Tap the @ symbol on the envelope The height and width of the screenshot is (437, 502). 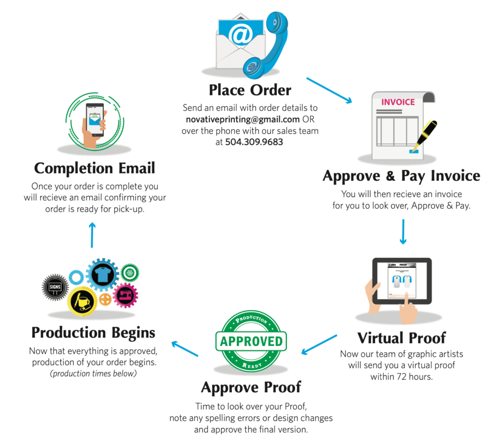(x=241, y=36)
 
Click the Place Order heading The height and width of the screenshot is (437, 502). (x=250, y=90)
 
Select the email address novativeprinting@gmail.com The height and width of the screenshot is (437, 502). (x=243, y=119)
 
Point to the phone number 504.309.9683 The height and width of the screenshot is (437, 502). (x=254, y=142)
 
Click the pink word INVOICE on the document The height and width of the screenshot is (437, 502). (x=398, y=102)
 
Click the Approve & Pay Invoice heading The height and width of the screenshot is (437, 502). (x=402, y=176)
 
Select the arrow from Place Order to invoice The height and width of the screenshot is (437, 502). (x=329, y=90)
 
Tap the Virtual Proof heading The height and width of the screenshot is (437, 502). (x=402, y=338)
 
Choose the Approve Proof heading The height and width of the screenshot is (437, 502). (x=251, y=388)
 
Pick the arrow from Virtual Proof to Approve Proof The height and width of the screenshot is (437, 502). (x=319, y=344)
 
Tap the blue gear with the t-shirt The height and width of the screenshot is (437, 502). (x=102, y=275)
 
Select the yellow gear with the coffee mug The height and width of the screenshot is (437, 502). (x=82, y=301)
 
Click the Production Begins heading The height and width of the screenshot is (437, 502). (x=93, y=333)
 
